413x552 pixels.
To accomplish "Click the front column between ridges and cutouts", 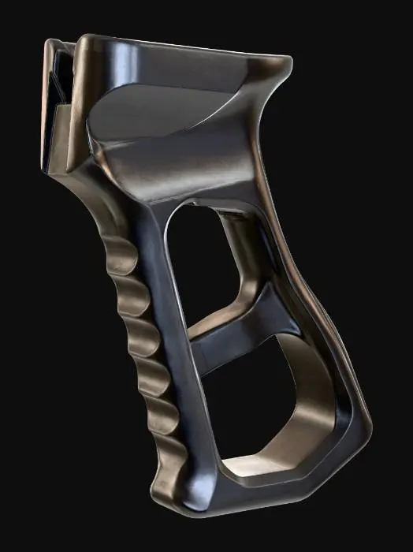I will [x=169, y=315].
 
